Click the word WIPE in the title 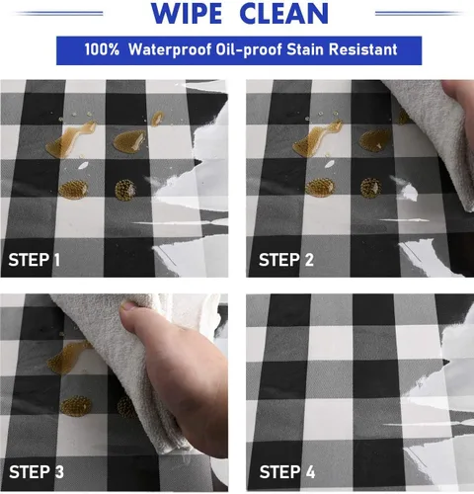click(187, 13)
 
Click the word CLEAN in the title click(284, 13)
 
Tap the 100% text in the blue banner click(102, 49)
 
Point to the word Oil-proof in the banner click(249, 49)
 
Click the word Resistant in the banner click(362, 49)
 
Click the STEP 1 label click(35, 260)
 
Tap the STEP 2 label click(286, 260)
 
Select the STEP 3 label click(37, 472)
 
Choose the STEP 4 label click(287, 472)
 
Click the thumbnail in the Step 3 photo click(129, 306)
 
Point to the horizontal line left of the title click(59, 13)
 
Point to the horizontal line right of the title click(419, 13)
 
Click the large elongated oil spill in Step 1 click(70, 139)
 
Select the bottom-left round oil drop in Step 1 click(73, 190)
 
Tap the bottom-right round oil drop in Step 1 click(125, 190)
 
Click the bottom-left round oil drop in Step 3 click(76, 406)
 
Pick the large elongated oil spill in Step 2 click(317, 139)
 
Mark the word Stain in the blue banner click(305, 49)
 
